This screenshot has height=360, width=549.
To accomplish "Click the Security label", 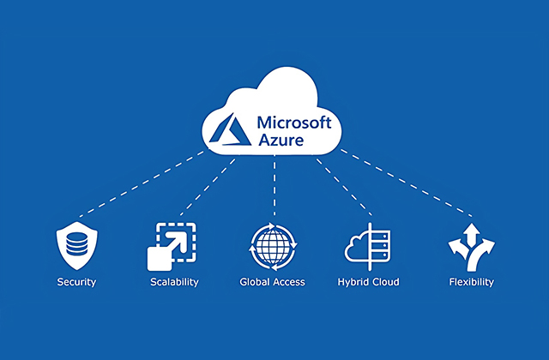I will (76, 282).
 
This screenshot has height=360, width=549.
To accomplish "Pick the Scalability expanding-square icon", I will (174, 244).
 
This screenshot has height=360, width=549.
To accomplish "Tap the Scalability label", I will (174, 282).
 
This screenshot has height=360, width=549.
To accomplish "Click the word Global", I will (256, 282).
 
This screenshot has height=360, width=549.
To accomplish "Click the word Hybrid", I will (354, 282).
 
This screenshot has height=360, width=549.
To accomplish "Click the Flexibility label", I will (471, 282).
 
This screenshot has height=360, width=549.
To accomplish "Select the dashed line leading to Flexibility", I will (407, 182).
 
